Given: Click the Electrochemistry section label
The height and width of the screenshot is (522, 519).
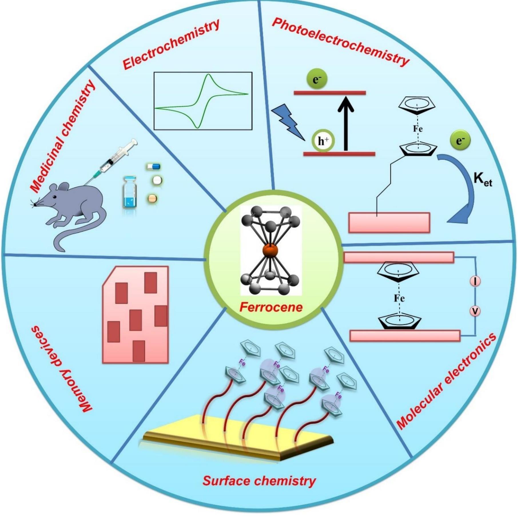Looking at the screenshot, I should [171, 45].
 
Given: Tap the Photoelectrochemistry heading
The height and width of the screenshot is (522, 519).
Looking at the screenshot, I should [340, 41].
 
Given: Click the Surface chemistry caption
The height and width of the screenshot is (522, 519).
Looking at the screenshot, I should [259, 481].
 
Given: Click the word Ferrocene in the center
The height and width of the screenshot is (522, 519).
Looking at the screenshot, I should [271, 307].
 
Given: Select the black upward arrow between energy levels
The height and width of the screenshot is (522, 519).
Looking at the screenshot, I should [346, 123].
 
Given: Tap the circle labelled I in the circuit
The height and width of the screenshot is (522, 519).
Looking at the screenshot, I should [475, 282].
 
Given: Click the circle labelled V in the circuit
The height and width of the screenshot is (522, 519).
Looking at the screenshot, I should [475, 311].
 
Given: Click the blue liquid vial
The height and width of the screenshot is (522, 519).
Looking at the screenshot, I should [130, 192].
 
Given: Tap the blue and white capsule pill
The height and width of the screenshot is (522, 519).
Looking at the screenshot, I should [154, 166].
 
